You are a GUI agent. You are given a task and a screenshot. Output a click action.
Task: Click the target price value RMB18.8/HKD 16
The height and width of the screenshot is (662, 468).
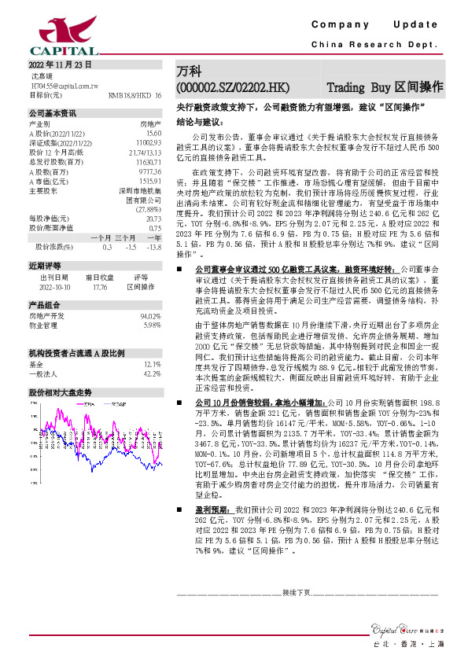(x=135, y=94)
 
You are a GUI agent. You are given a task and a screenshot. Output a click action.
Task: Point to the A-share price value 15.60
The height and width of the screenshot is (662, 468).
(x=153, y=133)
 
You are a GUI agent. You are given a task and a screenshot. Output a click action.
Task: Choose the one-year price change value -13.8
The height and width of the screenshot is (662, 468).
(x=154, y=248)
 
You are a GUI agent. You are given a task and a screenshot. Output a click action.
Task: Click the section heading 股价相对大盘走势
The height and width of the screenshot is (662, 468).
(x=60, y=391)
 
